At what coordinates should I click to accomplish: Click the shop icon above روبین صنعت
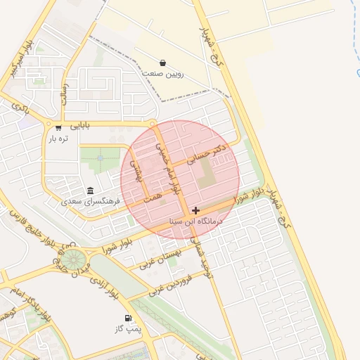[x=163, y=63]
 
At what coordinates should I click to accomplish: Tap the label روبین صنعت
[x=163, y=73]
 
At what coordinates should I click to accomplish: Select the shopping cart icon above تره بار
[x=58, y=127]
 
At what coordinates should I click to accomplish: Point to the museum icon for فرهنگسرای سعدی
[x=90, y=191]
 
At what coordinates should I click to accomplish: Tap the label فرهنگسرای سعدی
[x=91, y=202]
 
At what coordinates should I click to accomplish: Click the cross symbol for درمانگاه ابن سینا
[x=195, y=210]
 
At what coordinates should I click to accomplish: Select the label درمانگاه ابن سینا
[x=196, y=221]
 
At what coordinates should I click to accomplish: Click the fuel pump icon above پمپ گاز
[x=129, y=319]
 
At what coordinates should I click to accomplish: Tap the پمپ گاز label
[x=129, y=329]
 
